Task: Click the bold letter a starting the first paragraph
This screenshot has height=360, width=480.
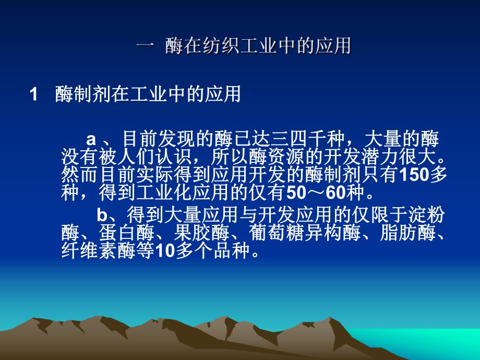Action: (91, 138)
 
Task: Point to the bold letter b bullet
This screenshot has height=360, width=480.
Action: (102, 215)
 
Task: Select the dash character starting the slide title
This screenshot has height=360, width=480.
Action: (144, 47)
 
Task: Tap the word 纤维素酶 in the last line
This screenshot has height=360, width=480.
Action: (107, 253)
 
